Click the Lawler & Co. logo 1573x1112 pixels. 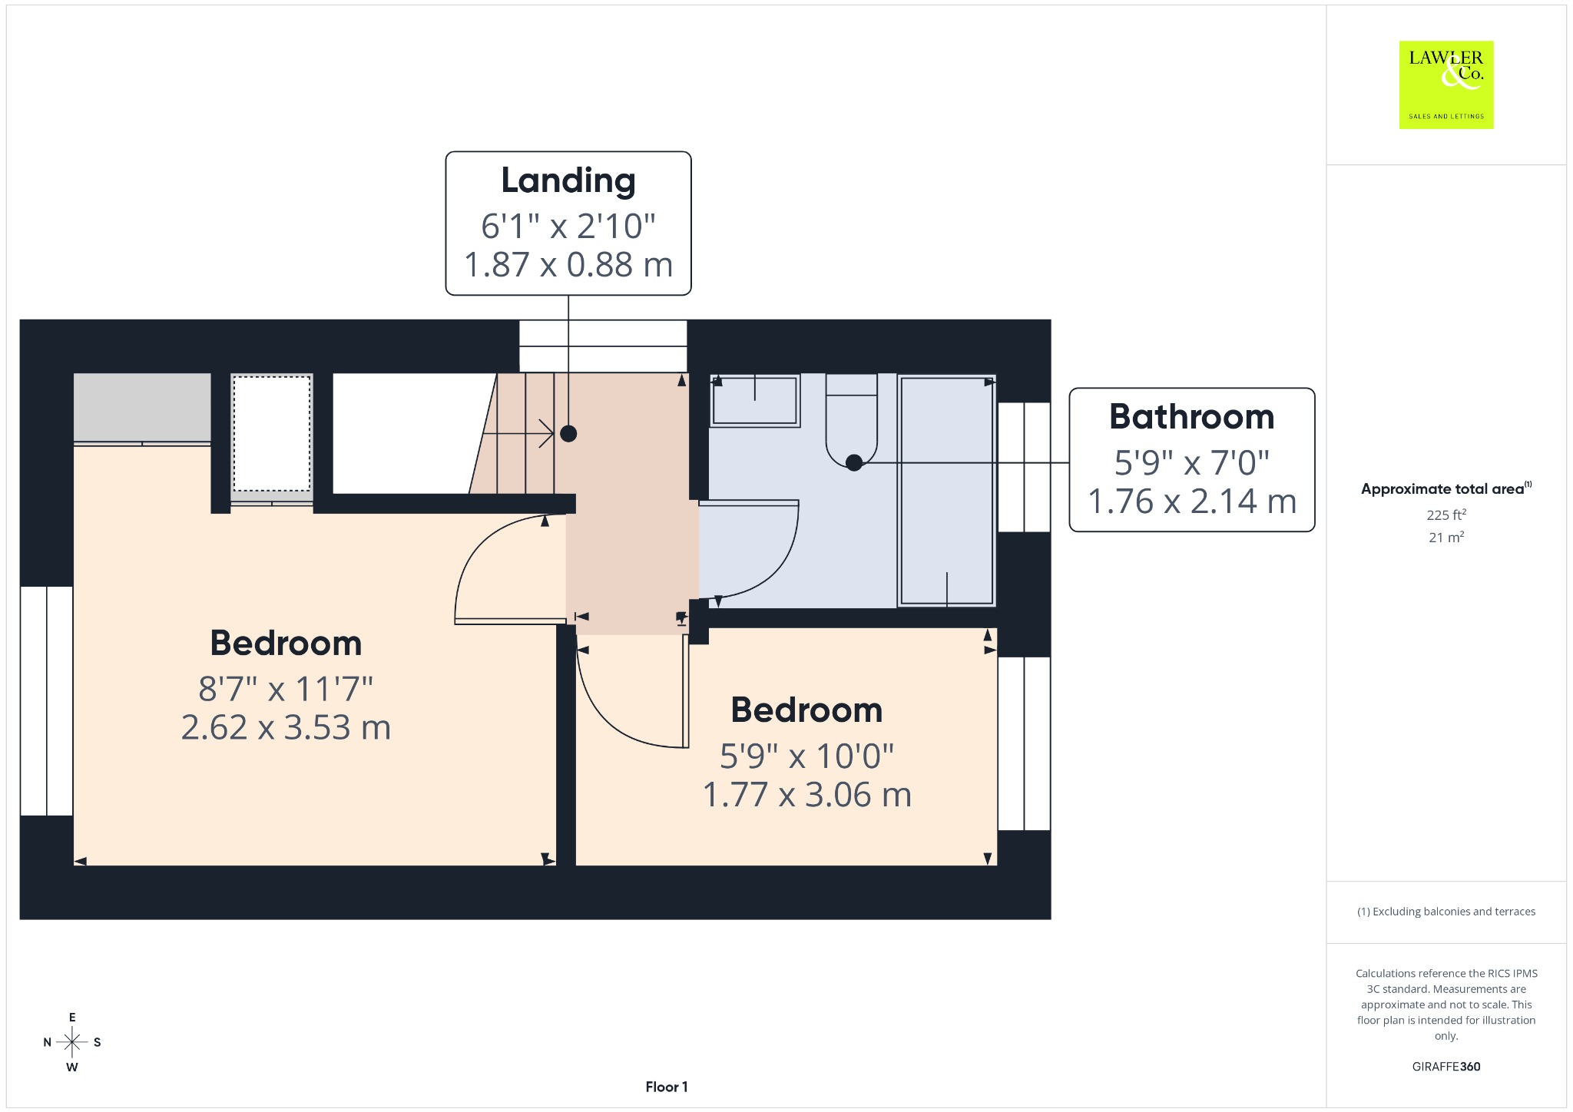[1446, 84]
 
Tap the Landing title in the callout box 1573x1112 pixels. [568, 180]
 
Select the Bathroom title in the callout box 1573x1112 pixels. [1192, 417]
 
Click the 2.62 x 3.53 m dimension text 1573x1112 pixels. [286, 727]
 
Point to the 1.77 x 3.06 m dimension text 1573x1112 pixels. [807, 795]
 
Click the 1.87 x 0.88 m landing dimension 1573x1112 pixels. [568, 265]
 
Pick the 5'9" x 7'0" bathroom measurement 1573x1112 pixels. [1192, 462]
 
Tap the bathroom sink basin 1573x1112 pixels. [755, 400]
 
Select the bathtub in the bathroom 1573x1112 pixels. [947, 491]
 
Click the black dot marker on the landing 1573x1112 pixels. [568, 434]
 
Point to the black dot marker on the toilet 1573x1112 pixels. [854, 462]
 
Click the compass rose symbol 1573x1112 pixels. [72, 1042]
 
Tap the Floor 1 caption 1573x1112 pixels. [667, 1087]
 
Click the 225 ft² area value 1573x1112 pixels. [1446, 515]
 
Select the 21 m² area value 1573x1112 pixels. [1446, 538]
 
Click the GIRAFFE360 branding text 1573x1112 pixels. [1446, 1067]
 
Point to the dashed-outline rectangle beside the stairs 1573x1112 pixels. [272, 433]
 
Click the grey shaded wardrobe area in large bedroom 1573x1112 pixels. [142, 408]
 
